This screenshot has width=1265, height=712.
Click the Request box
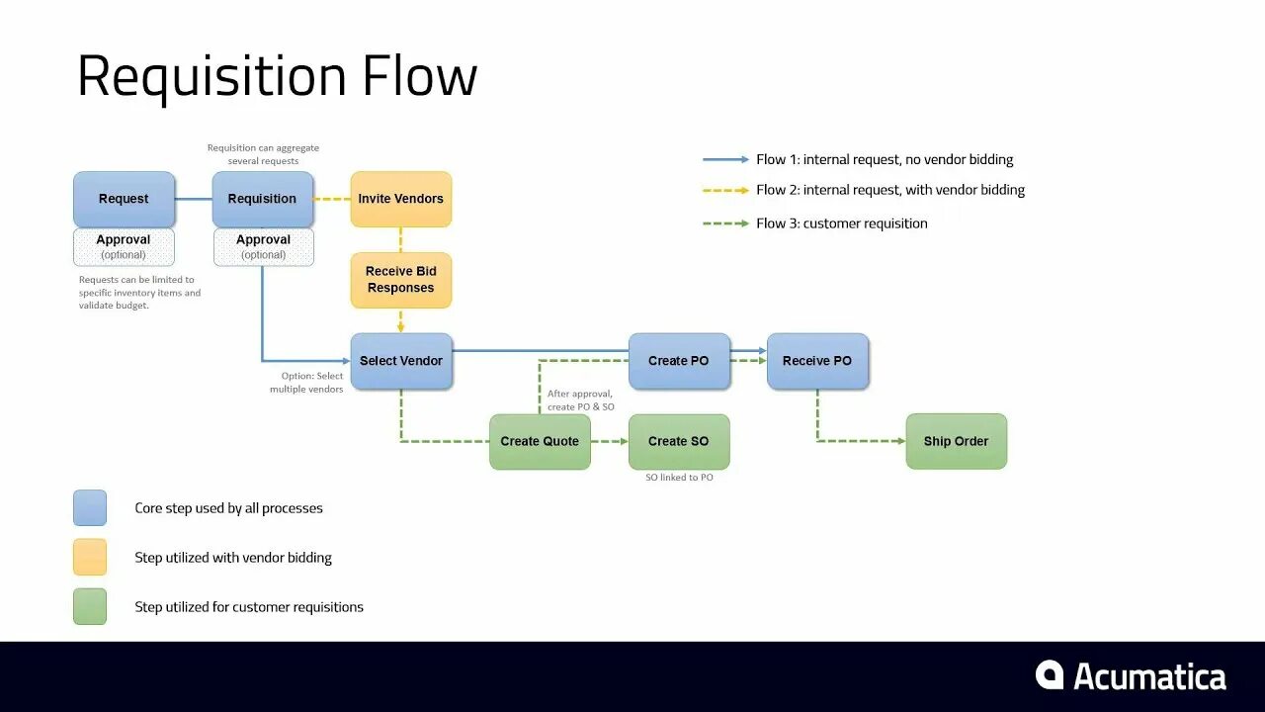pyautogui.click(x=124, y=199)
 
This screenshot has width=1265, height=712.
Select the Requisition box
pyautogui.click(x=262, y=199)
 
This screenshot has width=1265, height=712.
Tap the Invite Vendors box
pyautogui.click(x=400, y=199)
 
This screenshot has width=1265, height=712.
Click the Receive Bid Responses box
pyautogui.click(x=400, y=280)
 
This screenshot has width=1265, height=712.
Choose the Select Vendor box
pyautogui.click(x=400, y=361)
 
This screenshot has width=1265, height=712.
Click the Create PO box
pyautogui.click(x=679, y=361)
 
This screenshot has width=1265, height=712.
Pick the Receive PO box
pyautogui.click(x=817, y=361)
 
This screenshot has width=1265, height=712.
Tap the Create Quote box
pyautogui.click(x=540, y=441)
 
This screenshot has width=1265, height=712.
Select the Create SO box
pyautogui.click(x=679, y=441)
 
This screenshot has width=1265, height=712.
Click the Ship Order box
pyautogui.click(x=956, y=441)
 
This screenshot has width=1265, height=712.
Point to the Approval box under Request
pyautogui.click(x=124, y=247)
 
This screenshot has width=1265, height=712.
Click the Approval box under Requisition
pyautogui.click(x=263, y=247)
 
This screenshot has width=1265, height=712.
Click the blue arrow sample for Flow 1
pyautogui.click(x=725, y=159)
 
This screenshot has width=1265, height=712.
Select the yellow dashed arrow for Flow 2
pyautogui.click(x=725, y=190)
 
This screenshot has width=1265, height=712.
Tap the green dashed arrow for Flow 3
pyautogui.click(x=725, y=223)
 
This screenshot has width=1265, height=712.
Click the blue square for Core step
pyautogui.click(x=90, y=508)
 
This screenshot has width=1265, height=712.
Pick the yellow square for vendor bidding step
pyautogui.click(x=90, y=558)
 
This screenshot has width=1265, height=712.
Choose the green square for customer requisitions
pyautogui.click(x=90, y=607)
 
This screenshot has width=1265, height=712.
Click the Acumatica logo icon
pyautogui.click(x=1050, y=675)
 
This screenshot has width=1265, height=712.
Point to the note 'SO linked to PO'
pyautogui.click(x=679, y=478)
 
